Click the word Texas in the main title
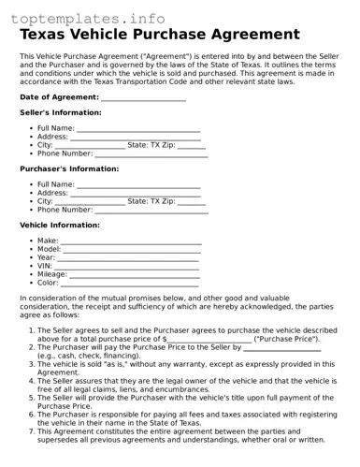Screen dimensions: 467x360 pos(50,35)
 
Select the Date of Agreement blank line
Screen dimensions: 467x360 pos(143,97)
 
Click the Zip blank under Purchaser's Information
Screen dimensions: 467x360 pos(191,202)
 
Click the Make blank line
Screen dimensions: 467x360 pos(132,241)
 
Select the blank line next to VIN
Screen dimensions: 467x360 pos(127,267)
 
